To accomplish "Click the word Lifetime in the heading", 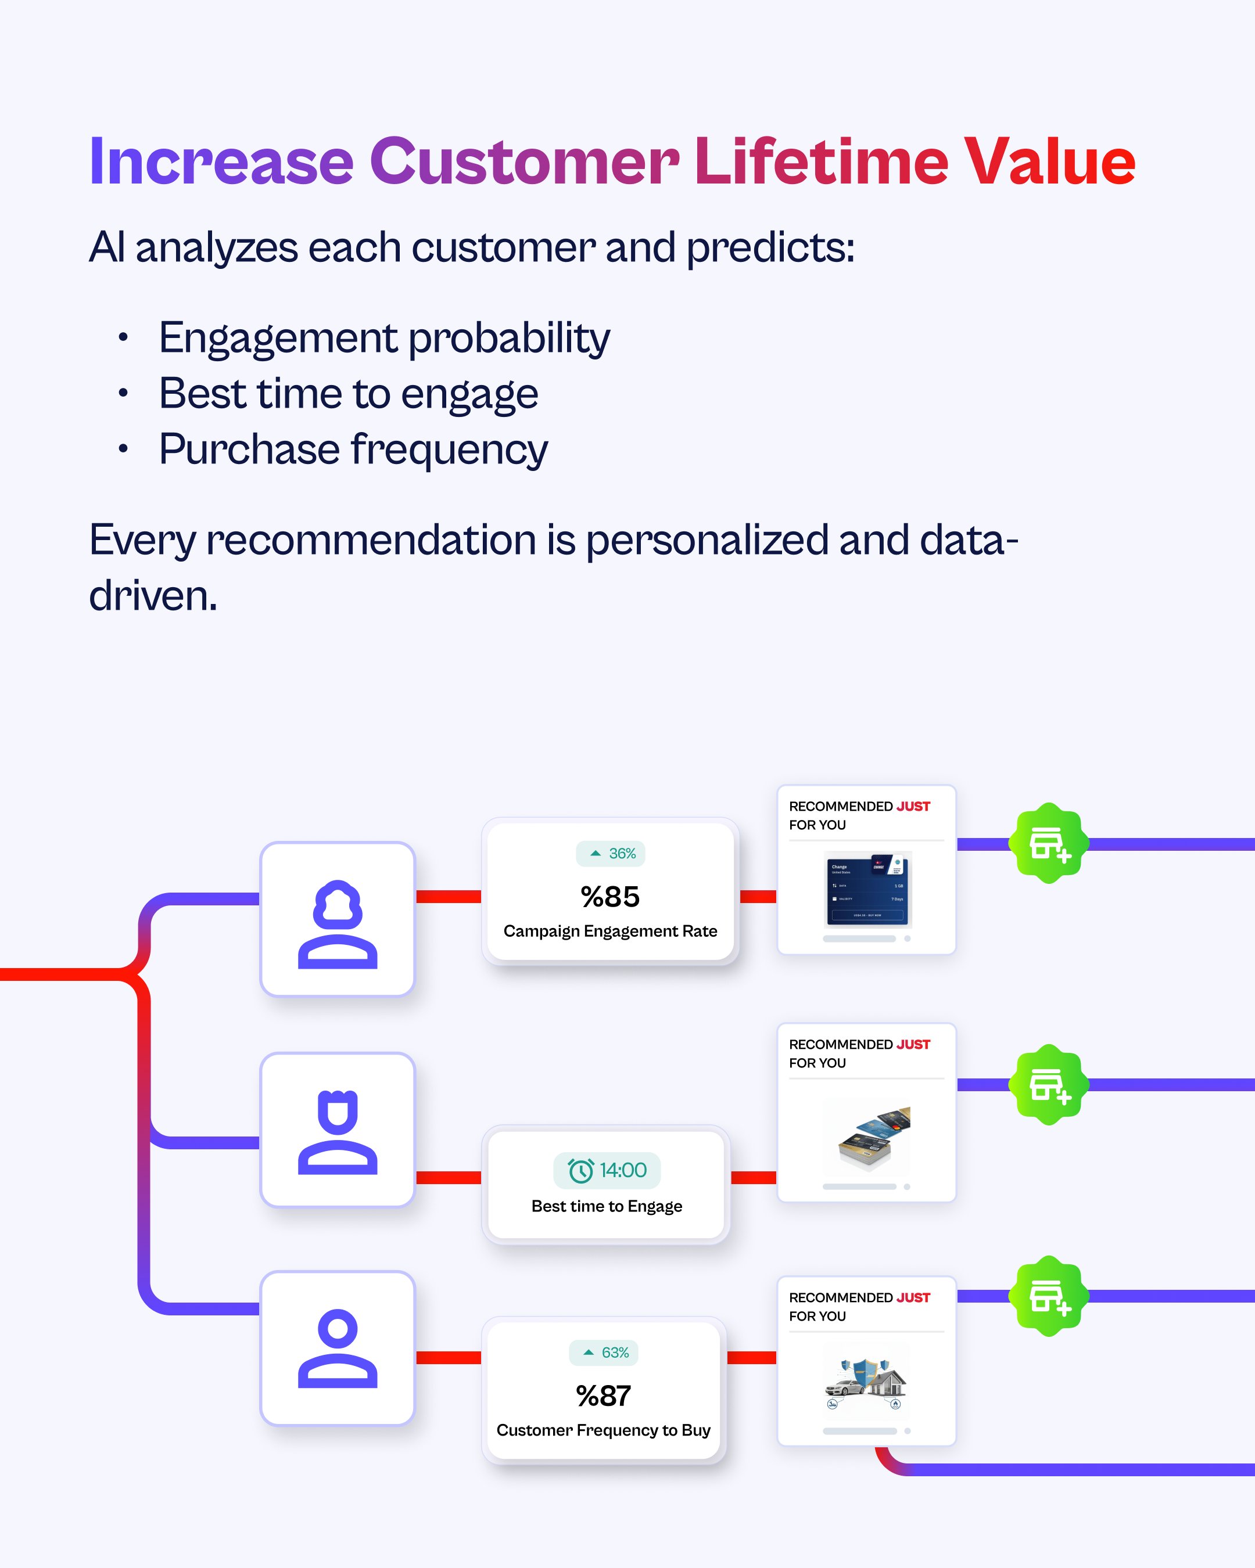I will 820,161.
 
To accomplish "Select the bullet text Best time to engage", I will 349,394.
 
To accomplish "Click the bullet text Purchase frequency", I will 353,449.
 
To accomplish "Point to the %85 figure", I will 609,897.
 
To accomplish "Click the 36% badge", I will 611,854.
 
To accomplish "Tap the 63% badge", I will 604,1353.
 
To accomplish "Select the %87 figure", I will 603,1396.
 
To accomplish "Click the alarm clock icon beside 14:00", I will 580,1170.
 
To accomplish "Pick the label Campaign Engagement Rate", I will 609,932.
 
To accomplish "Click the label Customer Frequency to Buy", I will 603,1430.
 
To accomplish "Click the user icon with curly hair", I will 338,923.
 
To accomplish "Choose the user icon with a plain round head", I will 338,1348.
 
